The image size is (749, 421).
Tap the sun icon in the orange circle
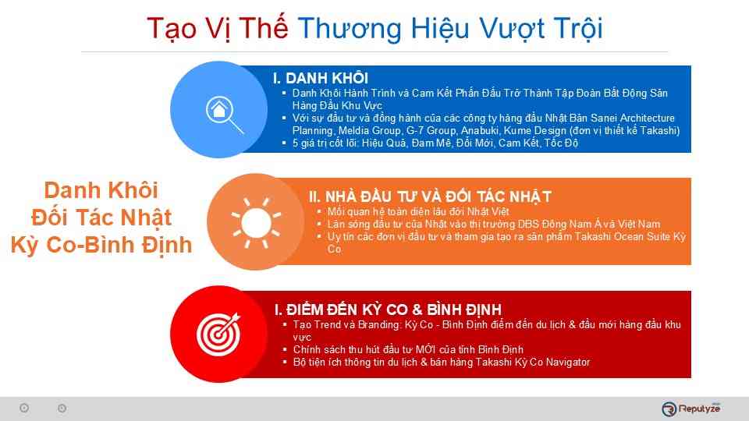(x=254, y=216)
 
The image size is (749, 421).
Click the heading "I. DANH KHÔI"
(x=320, y=78)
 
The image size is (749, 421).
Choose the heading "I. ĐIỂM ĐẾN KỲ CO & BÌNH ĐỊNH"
(x=388, y=310)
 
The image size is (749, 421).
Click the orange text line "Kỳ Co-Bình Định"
(x=101, y=244)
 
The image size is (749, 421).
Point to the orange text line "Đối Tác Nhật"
(x=101, y=217)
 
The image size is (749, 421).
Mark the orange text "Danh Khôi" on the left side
(x=101, y=189)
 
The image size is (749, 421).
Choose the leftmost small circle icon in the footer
(x=24, y=408)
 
